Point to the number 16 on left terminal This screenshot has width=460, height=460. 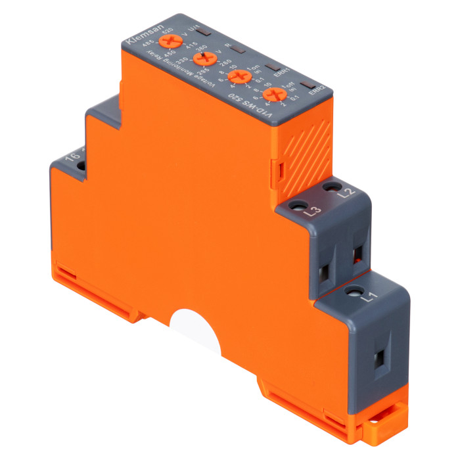(72, 156)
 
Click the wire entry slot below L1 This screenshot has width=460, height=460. (379, 359)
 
